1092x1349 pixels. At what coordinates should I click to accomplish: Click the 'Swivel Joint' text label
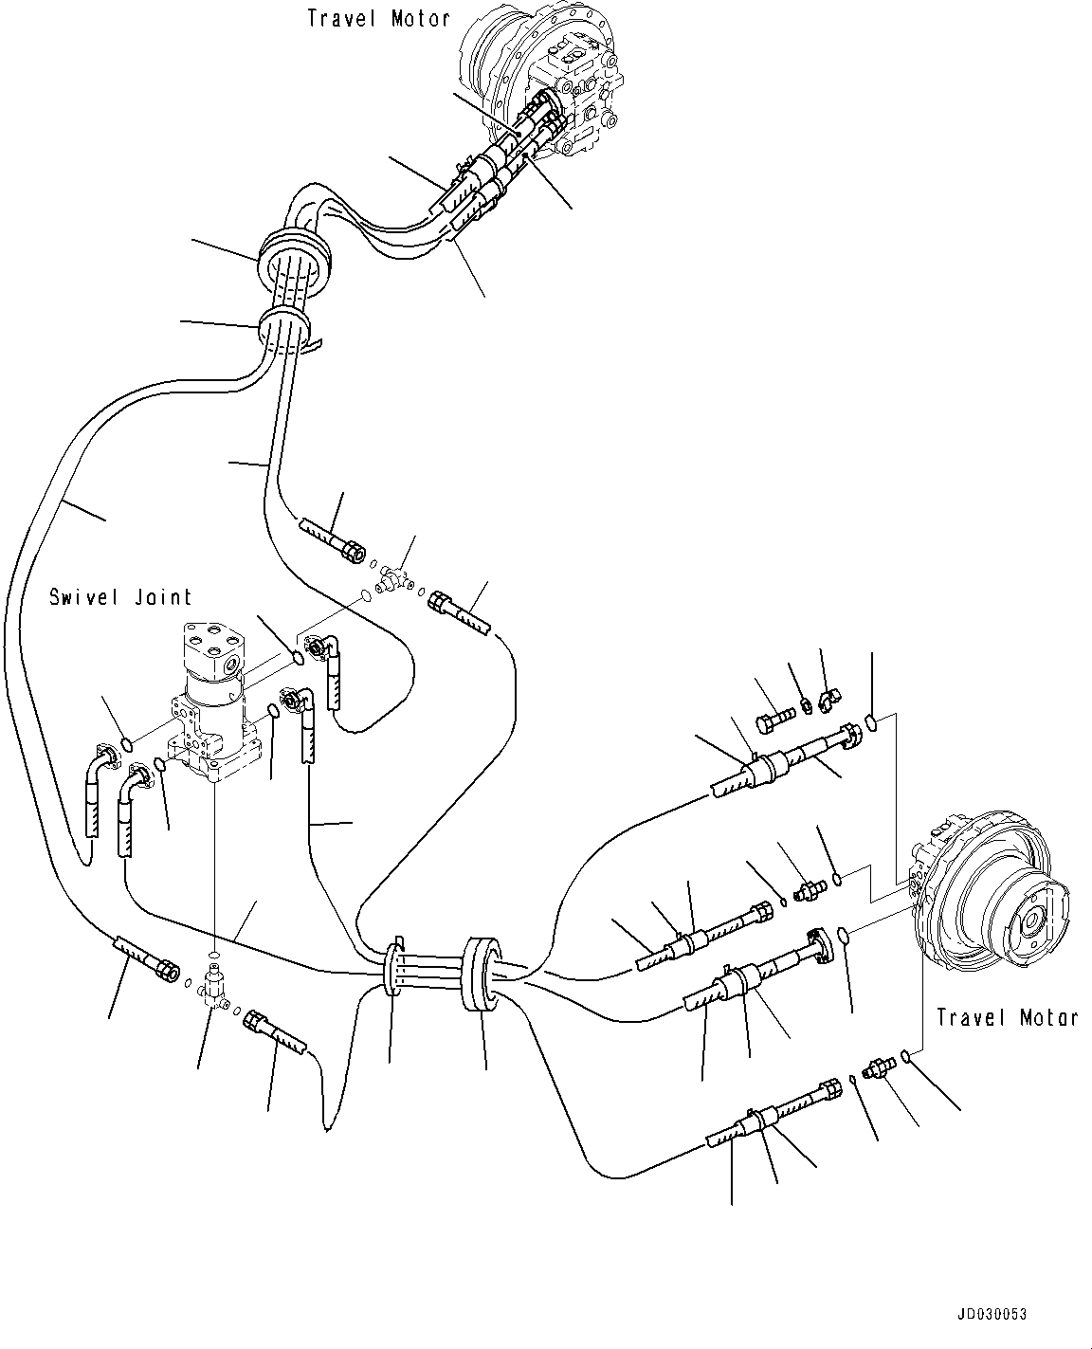point(120,597)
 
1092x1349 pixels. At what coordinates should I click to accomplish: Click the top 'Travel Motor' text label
point(378,18)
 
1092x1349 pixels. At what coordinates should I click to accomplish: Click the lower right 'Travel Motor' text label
point(1007,1017)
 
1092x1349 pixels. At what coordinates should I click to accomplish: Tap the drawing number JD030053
point(991,1315)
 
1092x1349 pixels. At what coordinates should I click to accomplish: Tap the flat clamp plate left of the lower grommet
point(392,967)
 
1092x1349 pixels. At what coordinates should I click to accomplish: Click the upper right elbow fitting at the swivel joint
point(319,648)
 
